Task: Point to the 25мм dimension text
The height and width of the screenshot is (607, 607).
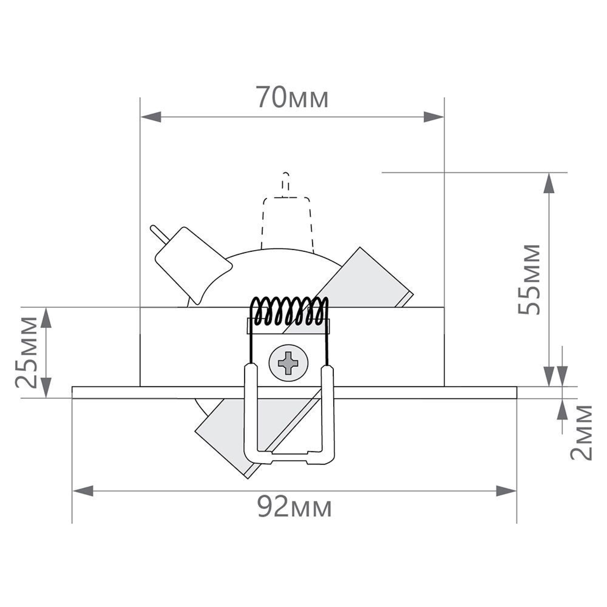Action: tap(26, 352)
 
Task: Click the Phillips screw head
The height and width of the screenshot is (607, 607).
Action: tap(288, 363)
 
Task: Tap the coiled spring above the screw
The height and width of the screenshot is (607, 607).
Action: tap(290, 311)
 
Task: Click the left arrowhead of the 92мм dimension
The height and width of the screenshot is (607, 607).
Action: tap(83, 491)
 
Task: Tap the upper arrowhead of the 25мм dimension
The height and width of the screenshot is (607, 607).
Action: tap(46, 318)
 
